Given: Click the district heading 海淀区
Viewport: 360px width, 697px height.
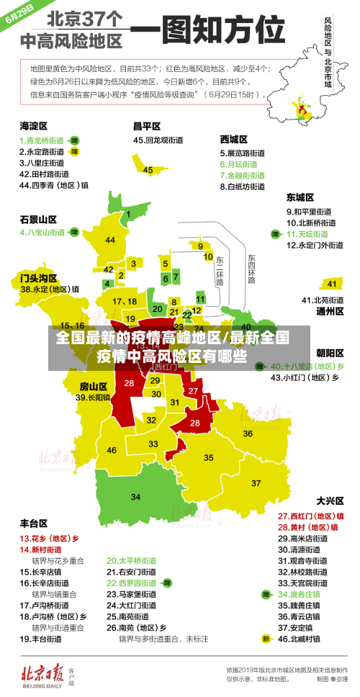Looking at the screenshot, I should pos(33,125).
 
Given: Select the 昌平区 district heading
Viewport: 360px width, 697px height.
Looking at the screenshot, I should pos(147,125).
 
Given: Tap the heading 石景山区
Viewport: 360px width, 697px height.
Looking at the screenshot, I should pos(38,219).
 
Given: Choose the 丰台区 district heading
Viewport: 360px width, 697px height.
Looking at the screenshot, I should pos(33,523).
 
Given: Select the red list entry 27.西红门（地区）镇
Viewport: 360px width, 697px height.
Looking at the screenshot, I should pos(310,516).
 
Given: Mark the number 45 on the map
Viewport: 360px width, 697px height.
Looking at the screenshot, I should pos(148,170).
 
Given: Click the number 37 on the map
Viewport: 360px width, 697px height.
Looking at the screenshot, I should pos(256,482).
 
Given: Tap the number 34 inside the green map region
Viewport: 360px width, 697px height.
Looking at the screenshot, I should pos(135,497).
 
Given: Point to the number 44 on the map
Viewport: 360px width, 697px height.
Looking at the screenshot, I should pos(110,240).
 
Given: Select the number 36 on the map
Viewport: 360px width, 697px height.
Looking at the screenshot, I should pos(247,433).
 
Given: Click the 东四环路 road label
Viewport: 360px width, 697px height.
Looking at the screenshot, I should pos(251,269).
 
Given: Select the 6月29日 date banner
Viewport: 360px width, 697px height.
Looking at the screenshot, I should pos(22,14).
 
